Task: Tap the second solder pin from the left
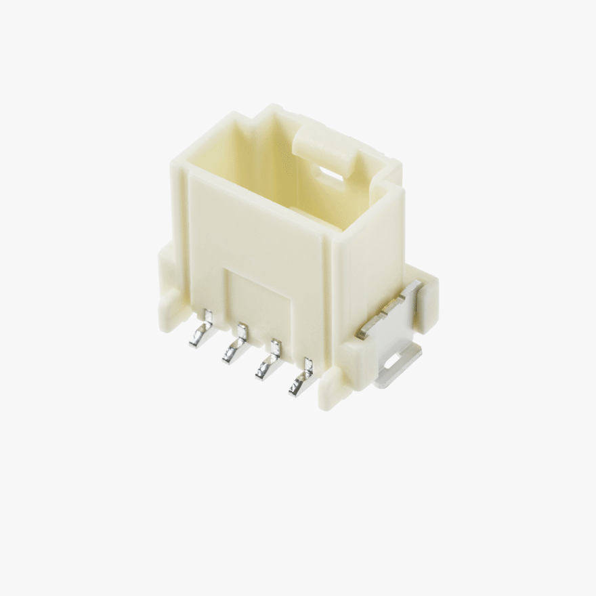click(236, 346)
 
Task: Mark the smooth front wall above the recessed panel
click(257, 223)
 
